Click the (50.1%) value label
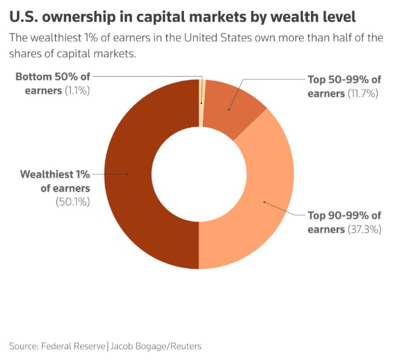pyautogui.click(x=73, y=202)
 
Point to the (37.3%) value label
pyautogui.click(x=364, y=229)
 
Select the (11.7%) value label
pyautogui.click(x=363, y=94)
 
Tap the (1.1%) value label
pyautogui.click(x=77, y=91)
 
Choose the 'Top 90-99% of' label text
pyautogui.click(x=344, y=216)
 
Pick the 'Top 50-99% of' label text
pyautogui.click(x=344, y=80)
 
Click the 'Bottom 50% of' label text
pyautogui.click(x=53, y=77)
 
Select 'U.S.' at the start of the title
pyautogui.click(x=24, y=17)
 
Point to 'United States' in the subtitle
pyautogui.click(x=218, y=38)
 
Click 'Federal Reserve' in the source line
pyautogui.click(x=73, y=346)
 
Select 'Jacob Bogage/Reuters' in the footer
pyautogui.click(x=156, y=346)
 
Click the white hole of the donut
pyautogui.click(x=199, y=174)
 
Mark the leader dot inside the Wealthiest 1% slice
pyautogui.click(x=128, y=174)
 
